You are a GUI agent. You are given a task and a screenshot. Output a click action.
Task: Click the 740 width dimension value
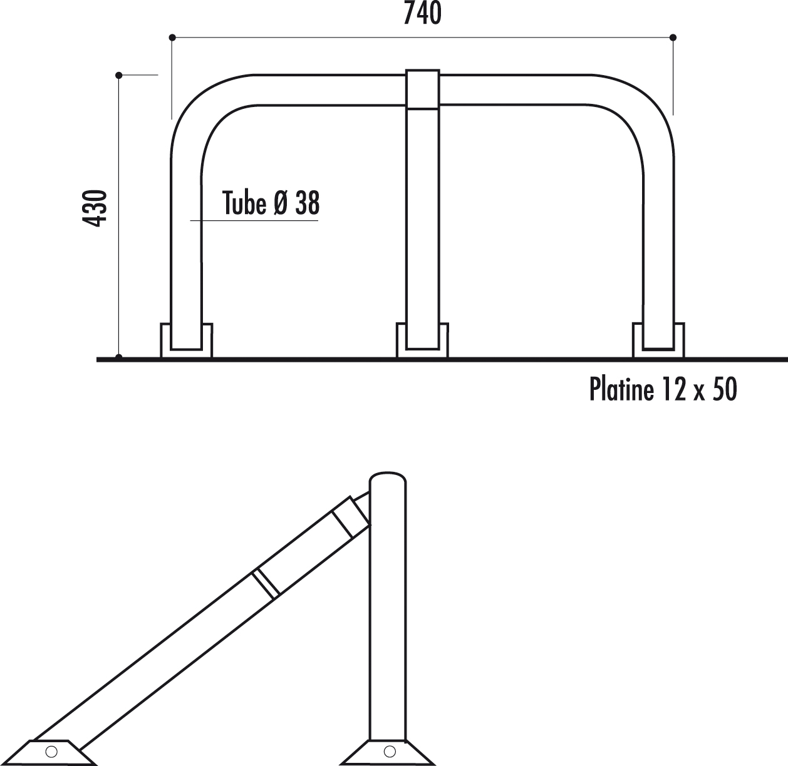[x=422, y=14]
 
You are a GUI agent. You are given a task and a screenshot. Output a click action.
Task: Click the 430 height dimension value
[x=95, y=208]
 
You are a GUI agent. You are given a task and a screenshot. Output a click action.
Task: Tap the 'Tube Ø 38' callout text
[x=271, y=203]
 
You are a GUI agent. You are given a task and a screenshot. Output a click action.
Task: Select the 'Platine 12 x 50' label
[x=663, y=389]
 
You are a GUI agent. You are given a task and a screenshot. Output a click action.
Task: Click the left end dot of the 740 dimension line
[x=172, y=38]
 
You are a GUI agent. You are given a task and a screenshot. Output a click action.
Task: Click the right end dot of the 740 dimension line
[x=673, y=38]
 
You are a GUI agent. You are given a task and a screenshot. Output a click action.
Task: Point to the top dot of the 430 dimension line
[x=119, y=75]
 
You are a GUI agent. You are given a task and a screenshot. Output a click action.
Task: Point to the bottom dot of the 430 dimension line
[x=119, y=358]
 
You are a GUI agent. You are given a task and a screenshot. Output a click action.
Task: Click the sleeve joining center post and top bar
[x=423, y=89]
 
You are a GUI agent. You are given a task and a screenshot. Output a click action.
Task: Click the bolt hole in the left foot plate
[x=52, y=750]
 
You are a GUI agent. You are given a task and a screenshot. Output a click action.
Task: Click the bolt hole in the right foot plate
[x=390, y=750]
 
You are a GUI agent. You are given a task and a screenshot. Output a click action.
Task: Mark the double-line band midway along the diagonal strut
[x=266, y=583]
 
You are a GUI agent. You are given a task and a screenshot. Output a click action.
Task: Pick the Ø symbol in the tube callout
[x=281, y=203]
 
